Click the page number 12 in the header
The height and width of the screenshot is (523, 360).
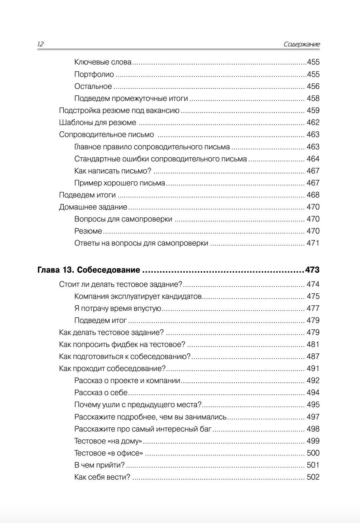pos(40,44)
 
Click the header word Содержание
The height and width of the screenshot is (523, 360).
pos(301,44)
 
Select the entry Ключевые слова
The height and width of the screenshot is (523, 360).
pos(103,62)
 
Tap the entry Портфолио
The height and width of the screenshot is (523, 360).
pos(94,74)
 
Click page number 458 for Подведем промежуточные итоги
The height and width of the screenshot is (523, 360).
pos(313,98)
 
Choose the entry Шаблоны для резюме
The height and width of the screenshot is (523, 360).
pos(97,122)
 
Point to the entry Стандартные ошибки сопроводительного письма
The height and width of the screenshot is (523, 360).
pos(160,159)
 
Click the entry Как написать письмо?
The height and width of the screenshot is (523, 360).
pos(113,171)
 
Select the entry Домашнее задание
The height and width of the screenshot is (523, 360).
pos(93,207)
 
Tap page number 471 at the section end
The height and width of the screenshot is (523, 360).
pos(313,243)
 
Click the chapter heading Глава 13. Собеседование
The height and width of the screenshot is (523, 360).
pos(89,270)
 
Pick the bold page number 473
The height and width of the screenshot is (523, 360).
pos(312,270)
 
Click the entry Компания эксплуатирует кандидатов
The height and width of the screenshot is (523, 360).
pos(138,296)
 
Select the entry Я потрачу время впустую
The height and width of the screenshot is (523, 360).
pos(117,308)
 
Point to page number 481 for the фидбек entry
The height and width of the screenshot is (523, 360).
pos(313,344)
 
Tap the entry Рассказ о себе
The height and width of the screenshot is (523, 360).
pos(101,392)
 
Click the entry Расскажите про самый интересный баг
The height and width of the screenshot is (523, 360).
pos(143,429)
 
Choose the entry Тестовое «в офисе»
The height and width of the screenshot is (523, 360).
pos(108,453)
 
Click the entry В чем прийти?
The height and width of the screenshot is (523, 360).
pos(99,465)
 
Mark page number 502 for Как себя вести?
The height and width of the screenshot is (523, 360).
pos(313,477)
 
